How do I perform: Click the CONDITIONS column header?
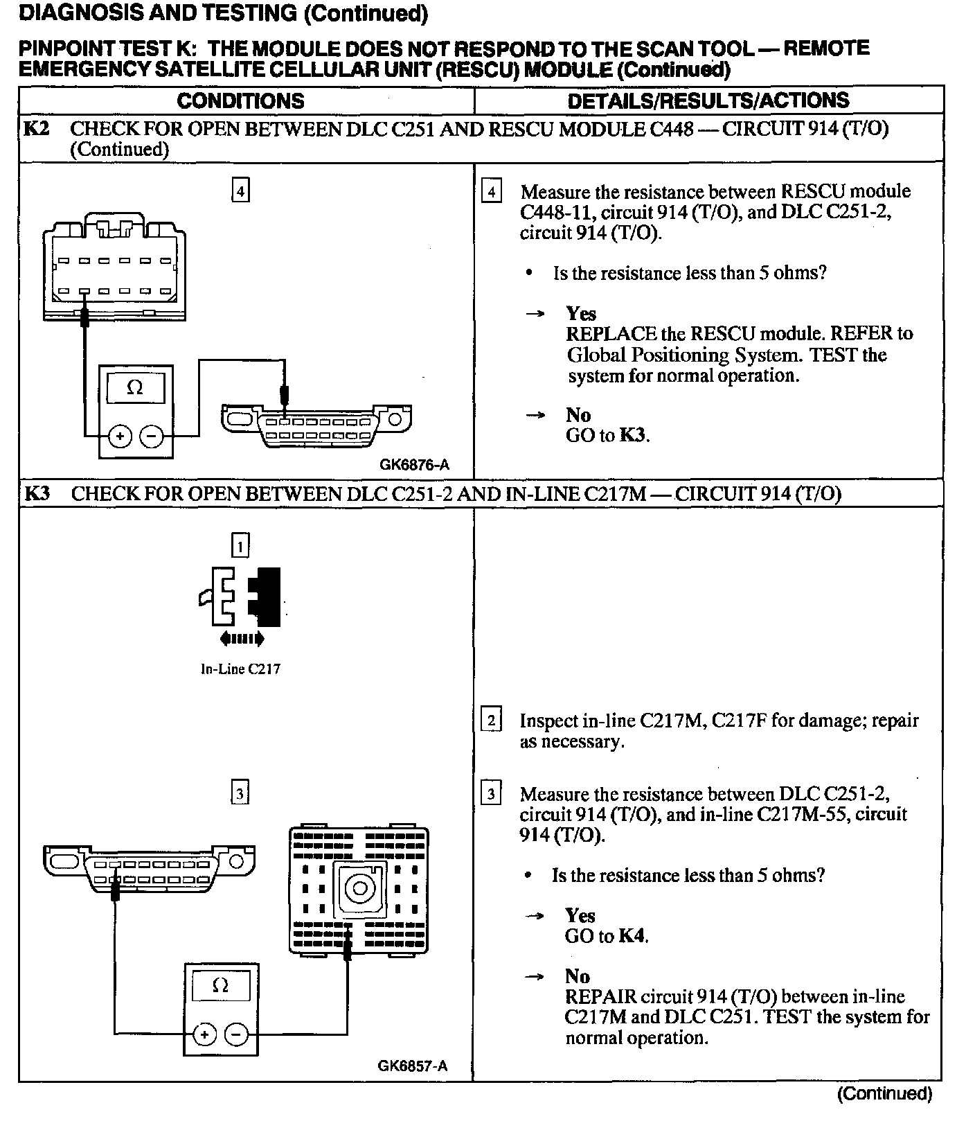(x=240, y=101)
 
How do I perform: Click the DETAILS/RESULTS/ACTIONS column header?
(x=708, y=101)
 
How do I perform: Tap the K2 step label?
(x=36, y=128)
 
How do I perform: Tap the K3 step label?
(x=37, y=494)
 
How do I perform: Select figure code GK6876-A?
(x=414, y=465)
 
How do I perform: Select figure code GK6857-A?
(x=413, y=1066)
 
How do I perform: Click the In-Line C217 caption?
(x=240, y=669)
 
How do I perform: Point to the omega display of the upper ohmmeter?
(x=136, y=389)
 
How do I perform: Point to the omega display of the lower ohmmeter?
(x=221, y=985)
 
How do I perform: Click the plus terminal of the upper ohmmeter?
(x=120, y=436)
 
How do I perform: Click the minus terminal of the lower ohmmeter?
(x=237, y=1034)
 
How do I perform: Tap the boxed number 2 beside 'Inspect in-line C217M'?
(x=491, y=721)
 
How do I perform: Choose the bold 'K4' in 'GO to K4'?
(x=633, y=936)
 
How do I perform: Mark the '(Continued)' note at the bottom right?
(x=884, y=1094)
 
